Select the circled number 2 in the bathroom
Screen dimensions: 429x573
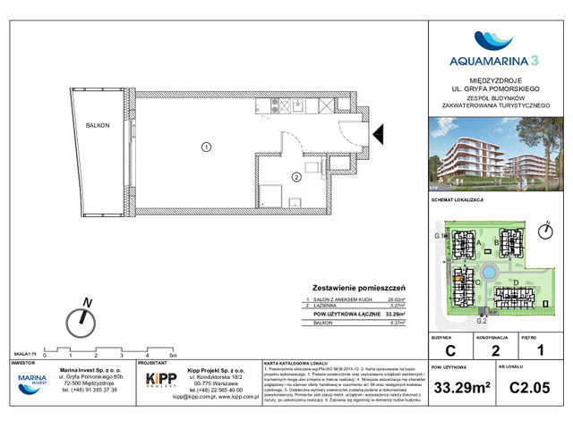[295, 177]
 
